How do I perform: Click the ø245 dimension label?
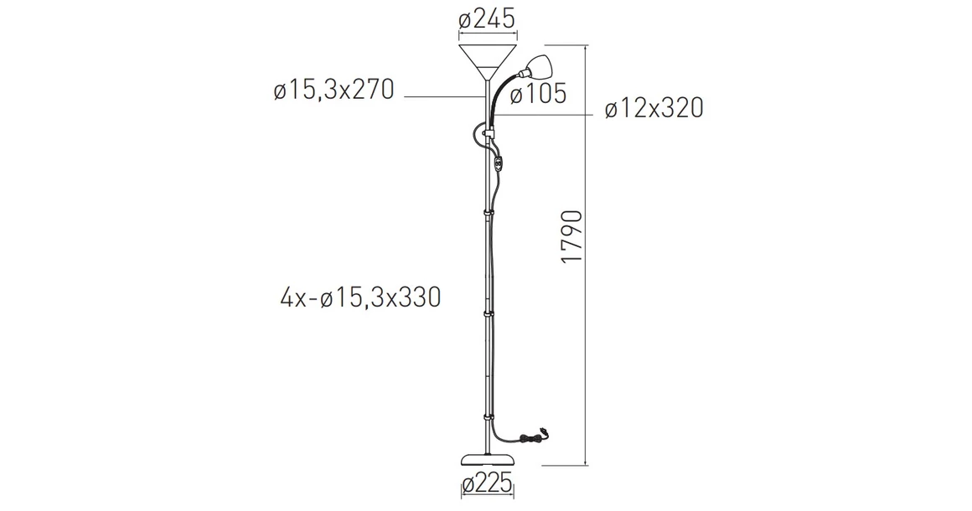click(x=486, y=18)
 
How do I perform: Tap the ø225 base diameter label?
click(x=486, y=484)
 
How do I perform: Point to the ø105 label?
click(x=537, y=94)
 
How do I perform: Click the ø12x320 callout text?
click(x=653, y=109)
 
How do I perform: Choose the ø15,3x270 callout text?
click(x=333, y=90)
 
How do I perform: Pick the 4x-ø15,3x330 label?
click(x=362, y=297)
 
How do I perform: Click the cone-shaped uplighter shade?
click(x=486, y=60)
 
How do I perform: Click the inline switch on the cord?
click(x=499, y=164)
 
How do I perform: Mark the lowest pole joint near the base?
click(x=487, y=416)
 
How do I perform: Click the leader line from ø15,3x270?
click(x=444, y=98)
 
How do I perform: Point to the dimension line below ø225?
click(x=486, y=499)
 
